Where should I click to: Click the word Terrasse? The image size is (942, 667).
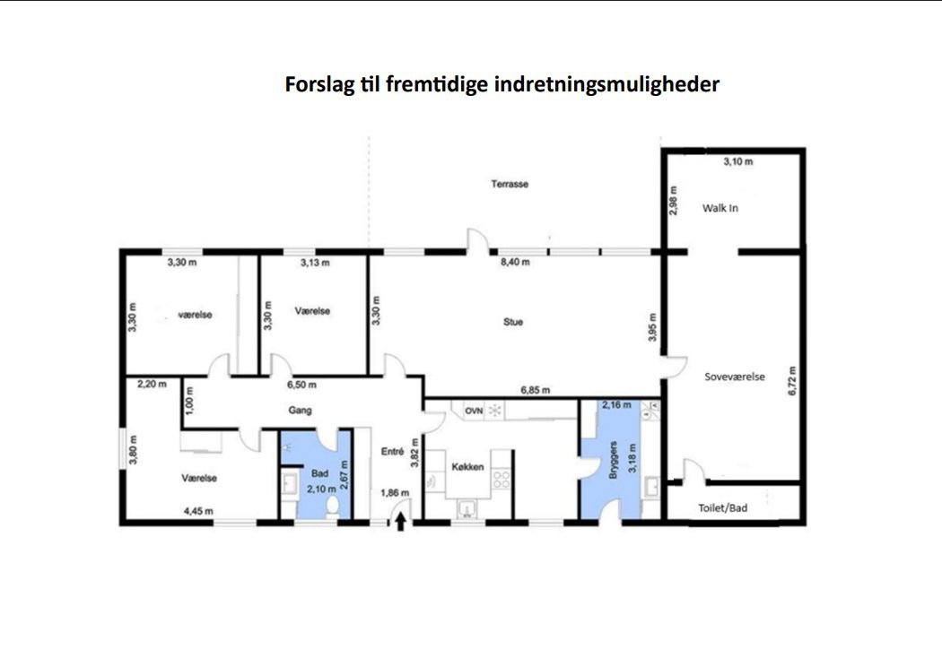point(510,184)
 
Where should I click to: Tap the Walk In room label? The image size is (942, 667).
point(720,208)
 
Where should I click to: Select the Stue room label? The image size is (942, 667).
point(513,322)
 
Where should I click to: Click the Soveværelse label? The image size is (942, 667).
point(735,377)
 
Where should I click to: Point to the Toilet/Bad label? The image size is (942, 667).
point(722,508)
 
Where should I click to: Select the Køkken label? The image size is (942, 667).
point(468,467)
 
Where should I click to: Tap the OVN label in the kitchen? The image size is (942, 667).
point(474,411)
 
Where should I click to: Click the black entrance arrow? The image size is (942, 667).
point(400,520)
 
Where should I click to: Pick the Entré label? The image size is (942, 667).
point(392,453)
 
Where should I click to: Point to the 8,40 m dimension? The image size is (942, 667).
point(514,263)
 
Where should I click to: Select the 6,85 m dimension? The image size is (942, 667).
point(536,390)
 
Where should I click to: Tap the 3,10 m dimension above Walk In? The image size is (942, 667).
point(737,161)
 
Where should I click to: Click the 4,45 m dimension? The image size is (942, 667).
point(198,512)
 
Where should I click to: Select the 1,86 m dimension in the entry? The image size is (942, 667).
point(395,493)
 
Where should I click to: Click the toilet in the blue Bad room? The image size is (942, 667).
point(334,507)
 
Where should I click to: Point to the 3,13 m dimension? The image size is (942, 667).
point(315,263)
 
